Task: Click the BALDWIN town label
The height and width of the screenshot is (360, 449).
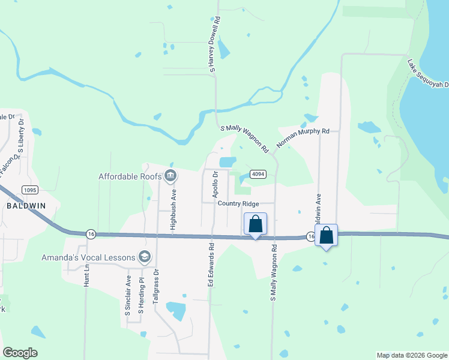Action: click(x=26, y=205)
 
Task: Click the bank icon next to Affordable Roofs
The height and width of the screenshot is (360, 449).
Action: click(x=170, y=176)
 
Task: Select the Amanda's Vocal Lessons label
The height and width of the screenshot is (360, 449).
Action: click(x=88, y=257)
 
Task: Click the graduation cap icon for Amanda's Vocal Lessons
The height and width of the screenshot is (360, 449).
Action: click(x=144, y=257)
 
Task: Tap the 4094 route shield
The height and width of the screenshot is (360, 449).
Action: click(x=258, y=175)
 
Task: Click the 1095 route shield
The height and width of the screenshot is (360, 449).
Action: click(x=30, y=190)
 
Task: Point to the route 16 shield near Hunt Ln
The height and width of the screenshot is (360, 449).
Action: click(x=90, y=233)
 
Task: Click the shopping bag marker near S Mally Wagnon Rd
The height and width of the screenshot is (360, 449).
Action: click(x=255, y=224)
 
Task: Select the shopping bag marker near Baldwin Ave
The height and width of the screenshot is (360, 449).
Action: click(x=327, y=235)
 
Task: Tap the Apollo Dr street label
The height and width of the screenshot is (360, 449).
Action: click(x=214, y=185)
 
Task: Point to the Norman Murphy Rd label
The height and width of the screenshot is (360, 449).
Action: click(x=303, y=137)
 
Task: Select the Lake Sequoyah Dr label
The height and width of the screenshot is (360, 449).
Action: click(x=428, y=73)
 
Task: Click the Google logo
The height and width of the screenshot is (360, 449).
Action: click(x=20, y=353)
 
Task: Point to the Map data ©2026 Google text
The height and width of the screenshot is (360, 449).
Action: click(x=412, y=355)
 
